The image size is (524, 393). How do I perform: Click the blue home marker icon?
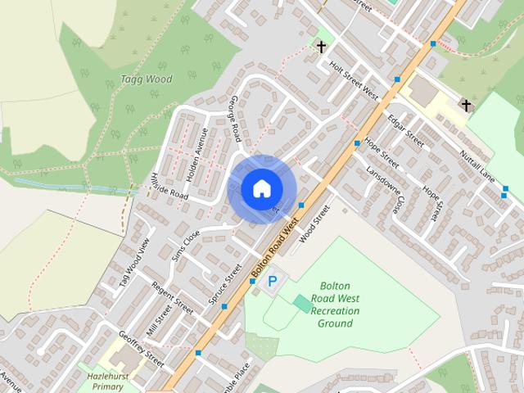click(260, 188)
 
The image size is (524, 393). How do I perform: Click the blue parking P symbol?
click(273, 282)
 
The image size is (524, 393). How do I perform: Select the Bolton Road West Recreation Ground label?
click(335, 304)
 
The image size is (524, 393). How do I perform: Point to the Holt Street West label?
click(353, 79)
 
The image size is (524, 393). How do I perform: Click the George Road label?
click(234, 118)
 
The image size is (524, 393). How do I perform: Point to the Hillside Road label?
click(169, 186)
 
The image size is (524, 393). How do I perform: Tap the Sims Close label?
click(186, 245)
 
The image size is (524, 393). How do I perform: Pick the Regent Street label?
click(172, 298)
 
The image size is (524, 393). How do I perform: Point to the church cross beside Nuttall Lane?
click(466, 105)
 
